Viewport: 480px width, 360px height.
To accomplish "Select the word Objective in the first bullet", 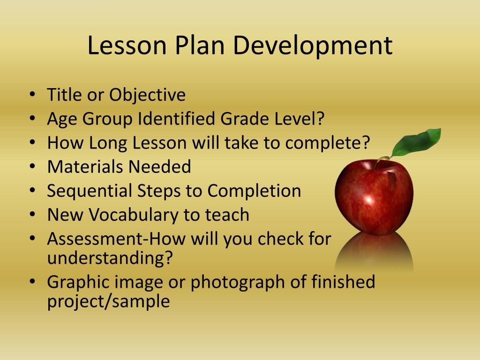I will pos(147,96).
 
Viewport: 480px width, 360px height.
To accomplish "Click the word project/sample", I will pos(108,301).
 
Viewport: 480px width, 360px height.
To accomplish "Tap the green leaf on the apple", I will pos(417,142).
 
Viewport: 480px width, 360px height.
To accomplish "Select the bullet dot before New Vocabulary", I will pos(32,216).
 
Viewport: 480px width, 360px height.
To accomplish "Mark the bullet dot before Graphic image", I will pos(32,283).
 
